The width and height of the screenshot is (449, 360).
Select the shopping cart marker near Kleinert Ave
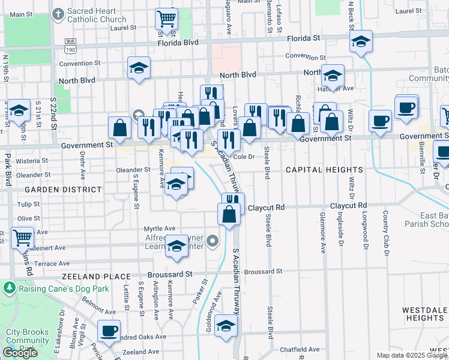[22, 238]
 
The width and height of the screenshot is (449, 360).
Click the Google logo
[20, 353]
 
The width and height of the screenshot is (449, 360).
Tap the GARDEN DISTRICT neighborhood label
[69, 190]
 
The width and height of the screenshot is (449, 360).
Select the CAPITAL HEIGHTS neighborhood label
[324, 170]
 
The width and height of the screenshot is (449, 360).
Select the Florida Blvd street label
[178, 43]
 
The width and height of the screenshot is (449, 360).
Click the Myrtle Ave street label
[160, 229]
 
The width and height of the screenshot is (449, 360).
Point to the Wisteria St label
[31, 161]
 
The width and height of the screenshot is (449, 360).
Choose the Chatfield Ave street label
[303, 349]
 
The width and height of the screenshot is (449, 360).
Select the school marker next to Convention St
[139, 68]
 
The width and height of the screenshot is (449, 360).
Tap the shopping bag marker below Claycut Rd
[229, 214]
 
